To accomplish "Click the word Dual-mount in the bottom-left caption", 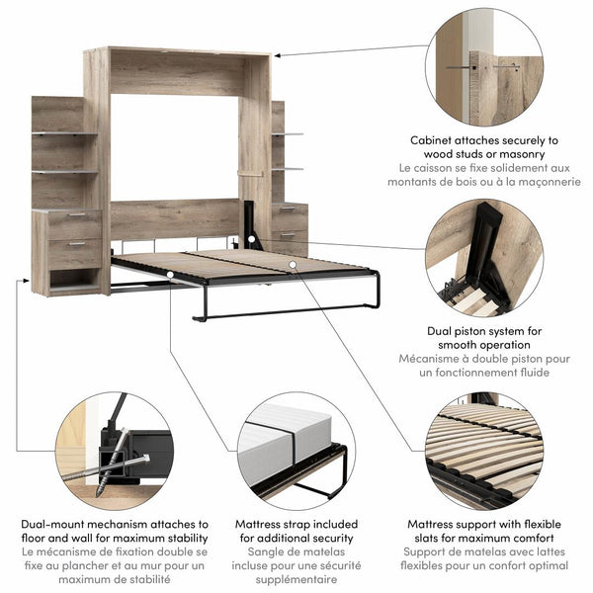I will [x=57, y=523].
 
